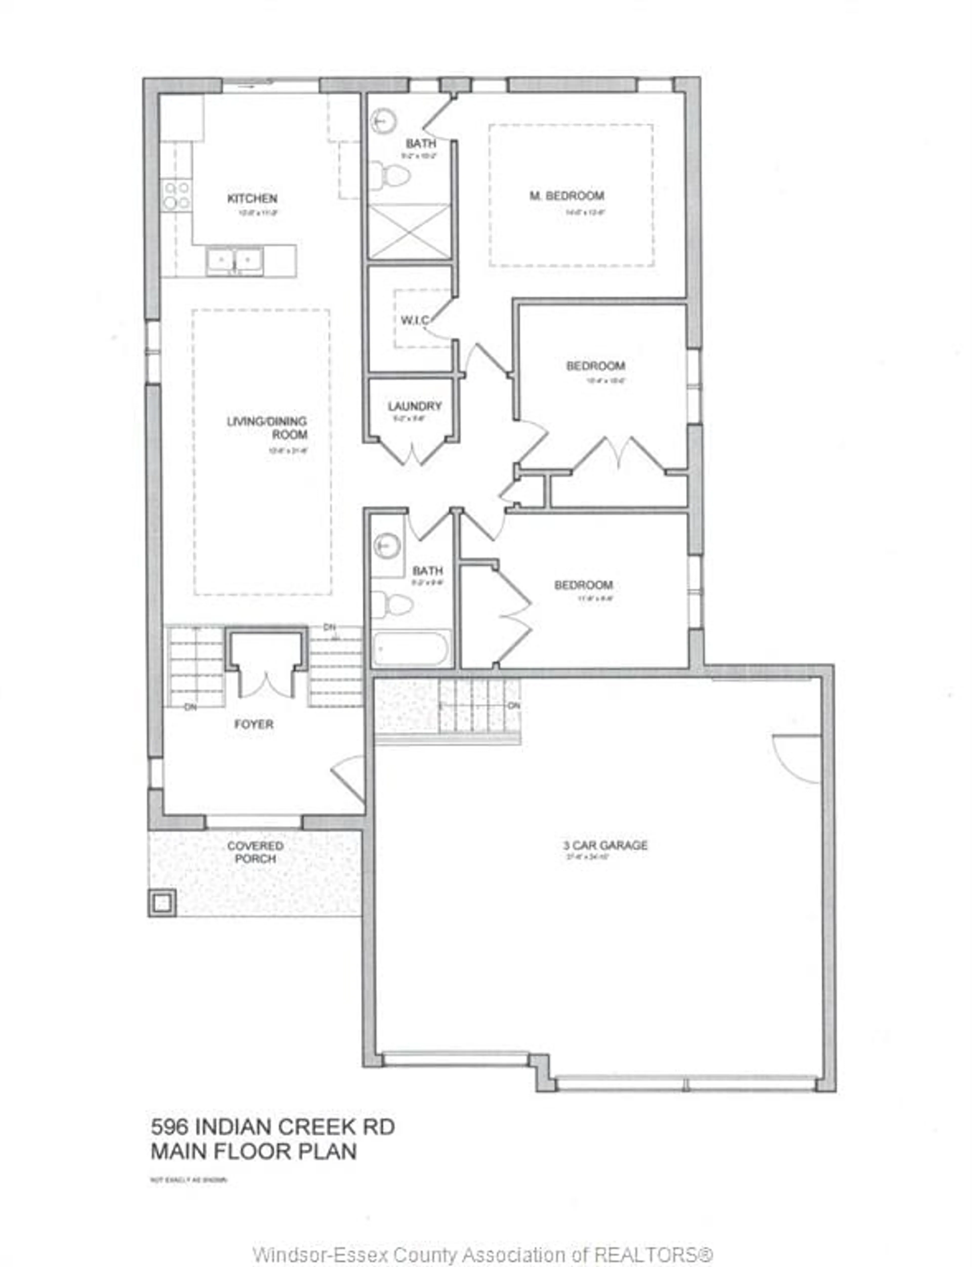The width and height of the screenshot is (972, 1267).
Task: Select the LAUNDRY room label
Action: pos(414,406)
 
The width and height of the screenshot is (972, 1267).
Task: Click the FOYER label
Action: pos(253,724)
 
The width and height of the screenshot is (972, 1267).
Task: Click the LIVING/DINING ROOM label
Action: pos(267,427)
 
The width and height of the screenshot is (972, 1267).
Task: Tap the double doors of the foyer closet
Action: pos(266,682)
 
